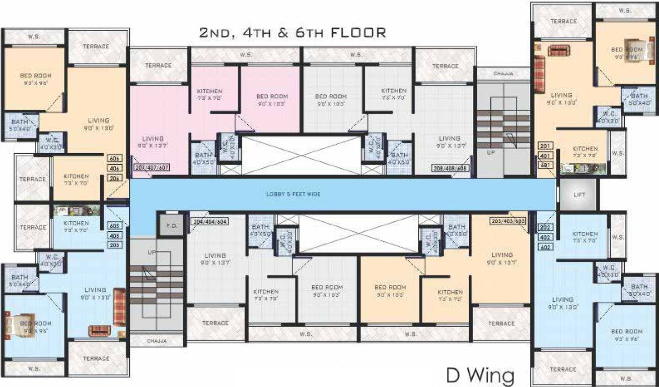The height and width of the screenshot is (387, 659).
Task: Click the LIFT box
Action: coord(579,195)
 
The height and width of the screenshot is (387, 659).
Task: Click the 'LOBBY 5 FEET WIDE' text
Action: coord(294,194)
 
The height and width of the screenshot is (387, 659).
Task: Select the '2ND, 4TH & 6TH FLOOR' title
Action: coord(292,33)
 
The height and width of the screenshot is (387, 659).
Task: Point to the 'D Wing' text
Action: coord(480,375)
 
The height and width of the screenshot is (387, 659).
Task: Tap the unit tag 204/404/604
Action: coord(209,221)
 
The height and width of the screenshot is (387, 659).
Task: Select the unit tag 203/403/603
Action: coord(507,221)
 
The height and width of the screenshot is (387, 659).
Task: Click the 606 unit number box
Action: coord(114,158)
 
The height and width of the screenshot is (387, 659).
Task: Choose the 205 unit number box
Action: coord(114,245)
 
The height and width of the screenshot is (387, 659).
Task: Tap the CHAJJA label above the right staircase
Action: coord(503,74)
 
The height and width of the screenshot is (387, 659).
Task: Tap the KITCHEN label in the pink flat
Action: coord(209,94)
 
